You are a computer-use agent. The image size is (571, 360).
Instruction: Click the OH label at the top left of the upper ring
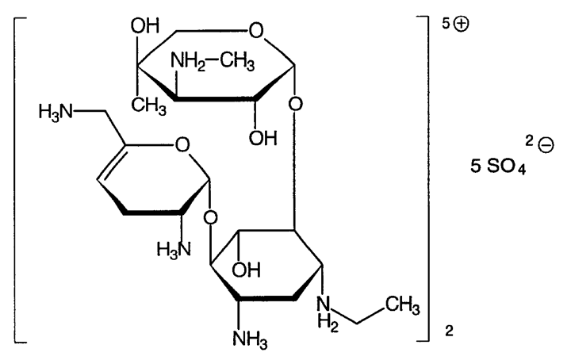[x=145, y=26]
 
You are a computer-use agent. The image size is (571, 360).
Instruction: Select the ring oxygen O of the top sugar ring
[x=256, y=31]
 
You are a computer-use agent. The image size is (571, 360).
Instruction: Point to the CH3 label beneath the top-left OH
[x=148, y=106]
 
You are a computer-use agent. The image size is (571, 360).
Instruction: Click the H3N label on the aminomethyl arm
[x=56, y=112]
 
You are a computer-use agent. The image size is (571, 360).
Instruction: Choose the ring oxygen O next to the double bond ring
[x=182, y=145]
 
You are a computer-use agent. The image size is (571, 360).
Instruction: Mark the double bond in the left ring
[x=111, y=163]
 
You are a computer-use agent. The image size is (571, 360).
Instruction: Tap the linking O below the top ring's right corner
[x=295, y=105]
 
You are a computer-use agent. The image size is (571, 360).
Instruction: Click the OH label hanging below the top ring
[x=263, y=138]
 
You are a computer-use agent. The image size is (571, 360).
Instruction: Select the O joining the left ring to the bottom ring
[x=210, y=218]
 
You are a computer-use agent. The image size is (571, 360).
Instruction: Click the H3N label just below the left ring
[x=174, y=250]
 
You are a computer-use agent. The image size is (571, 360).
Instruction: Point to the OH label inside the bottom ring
[x=246, y=270]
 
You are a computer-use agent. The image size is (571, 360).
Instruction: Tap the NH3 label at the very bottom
[x=250, y=339]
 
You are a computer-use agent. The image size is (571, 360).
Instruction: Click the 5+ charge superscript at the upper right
[x=455, y=25]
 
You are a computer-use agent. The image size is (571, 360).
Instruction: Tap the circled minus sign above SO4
[x=546, y=146]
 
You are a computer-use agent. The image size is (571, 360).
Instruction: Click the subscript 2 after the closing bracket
[x=449, y=331]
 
